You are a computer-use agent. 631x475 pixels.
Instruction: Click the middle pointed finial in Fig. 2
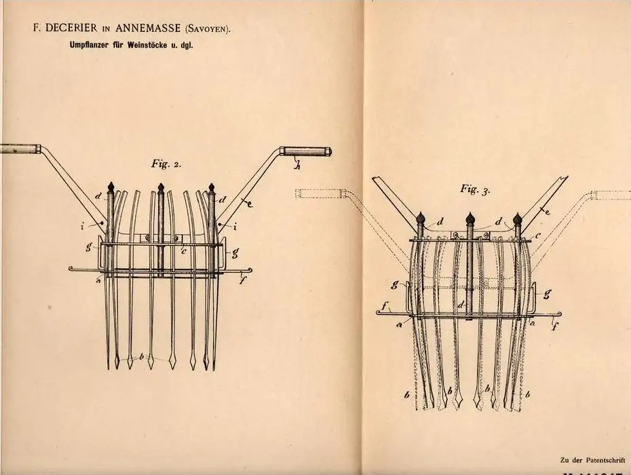coord(160,187)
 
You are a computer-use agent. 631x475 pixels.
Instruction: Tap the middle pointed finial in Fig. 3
coord(470,218)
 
